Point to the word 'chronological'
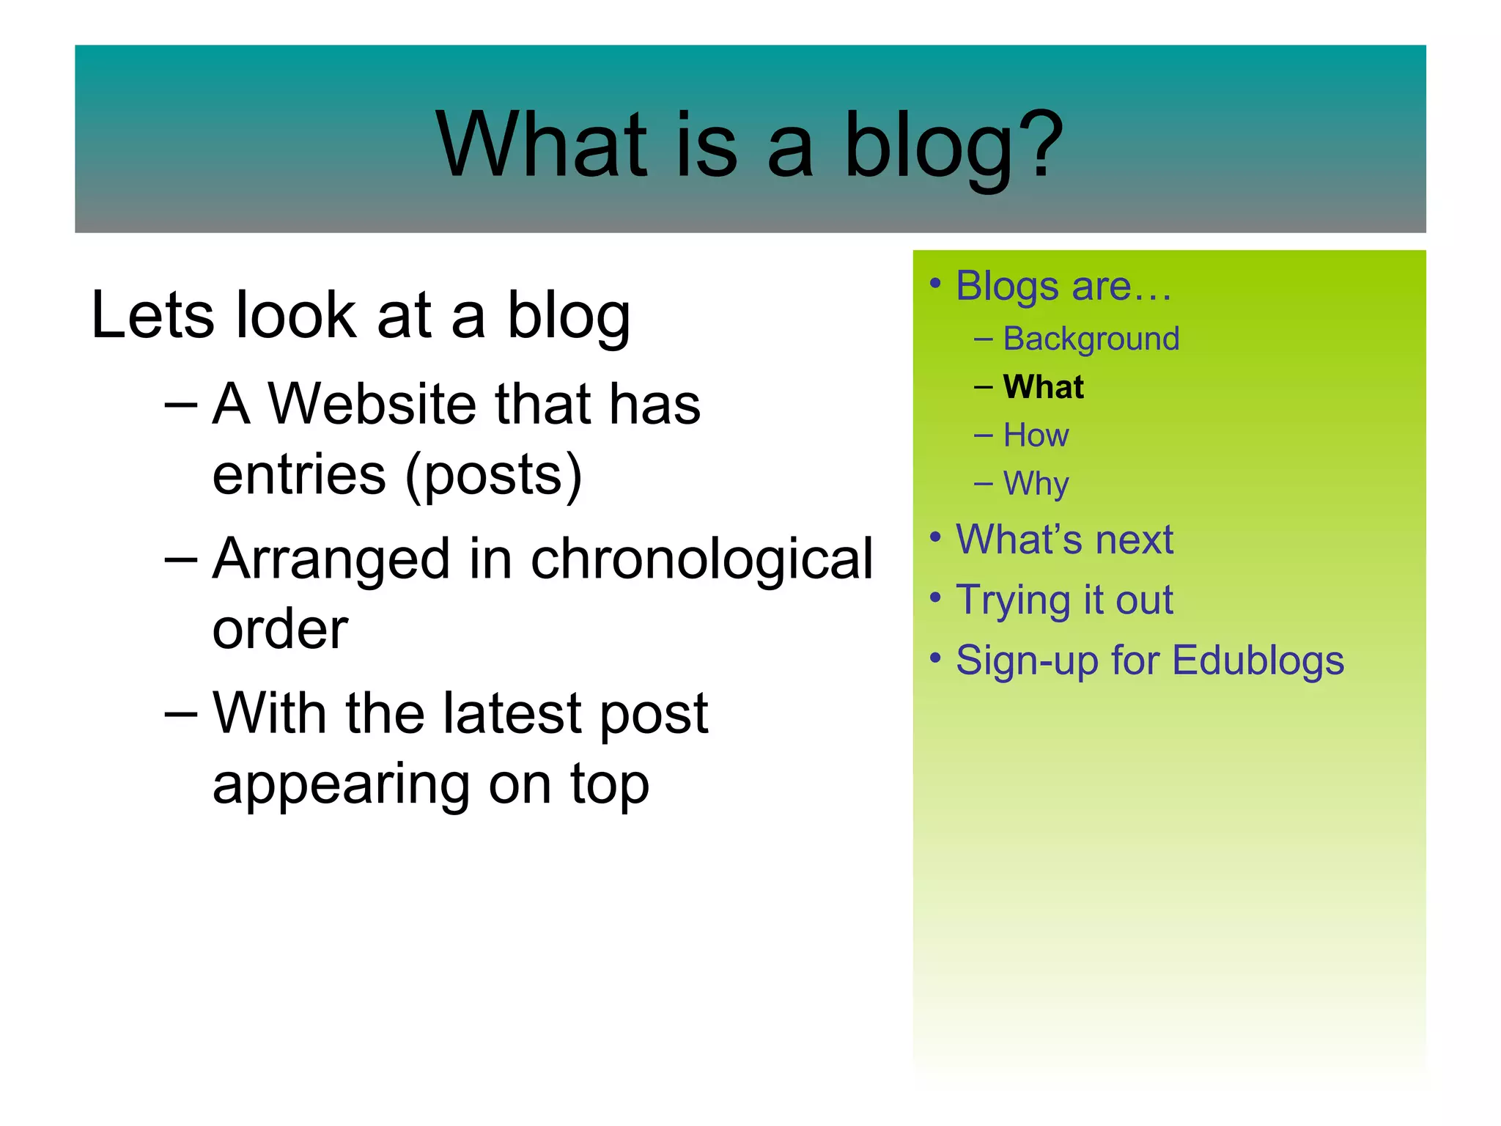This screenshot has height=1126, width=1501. click(701, 559)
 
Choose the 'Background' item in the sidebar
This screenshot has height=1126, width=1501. click(1091, 339)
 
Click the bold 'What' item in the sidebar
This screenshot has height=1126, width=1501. click(1043, 387)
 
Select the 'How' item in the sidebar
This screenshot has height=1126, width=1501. click(1036, 435)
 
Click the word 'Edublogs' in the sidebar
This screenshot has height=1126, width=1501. click(1258, 660)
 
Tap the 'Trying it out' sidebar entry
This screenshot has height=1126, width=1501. click(1064, 600)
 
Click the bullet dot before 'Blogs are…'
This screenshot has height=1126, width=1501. click(934, 283)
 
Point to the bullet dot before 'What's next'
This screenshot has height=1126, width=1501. click(934, 537)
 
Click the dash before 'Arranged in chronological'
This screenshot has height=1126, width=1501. click(180, 560)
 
